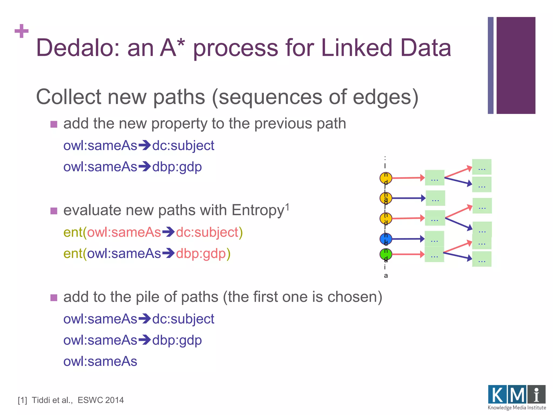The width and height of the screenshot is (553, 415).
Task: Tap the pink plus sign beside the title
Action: point(22,31)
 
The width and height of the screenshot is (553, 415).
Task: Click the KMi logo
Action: point(517,397)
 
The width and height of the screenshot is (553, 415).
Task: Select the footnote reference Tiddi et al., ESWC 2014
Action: point(71,400)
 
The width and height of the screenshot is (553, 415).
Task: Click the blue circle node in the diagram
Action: point(386,239)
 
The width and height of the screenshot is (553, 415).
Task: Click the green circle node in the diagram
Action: point(386,254)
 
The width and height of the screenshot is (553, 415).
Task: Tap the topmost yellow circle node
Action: point(386,178)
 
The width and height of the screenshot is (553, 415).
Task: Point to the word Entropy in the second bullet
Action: point(258,210)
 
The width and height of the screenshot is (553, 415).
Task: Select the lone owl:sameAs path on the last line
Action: point(100,362)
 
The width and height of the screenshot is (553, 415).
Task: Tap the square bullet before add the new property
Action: point(54,124)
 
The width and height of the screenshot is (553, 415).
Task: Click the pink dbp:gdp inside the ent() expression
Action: point(201,254)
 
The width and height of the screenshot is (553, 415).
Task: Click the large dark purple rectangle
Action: point(516,65)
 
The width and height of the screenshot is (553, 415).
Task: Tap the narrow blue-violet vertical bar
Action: point(490,65)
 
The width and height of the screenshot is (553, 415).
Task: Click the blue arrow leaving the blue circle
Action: point(408,239)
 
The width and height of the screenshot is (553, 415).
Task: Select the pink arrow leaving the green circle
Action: point(408,254)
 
